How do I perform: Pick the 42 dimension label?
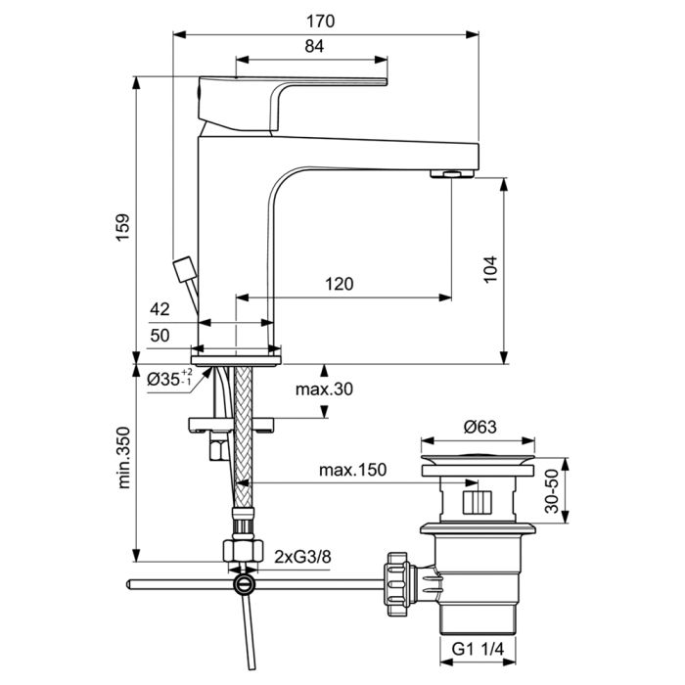pyautogui.click(x=160, y=309)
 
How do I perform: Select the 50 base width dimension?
pyautogui.click(x=160, y=336)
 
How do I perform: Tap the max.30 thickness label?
pyautogui.click(x=323, y=389)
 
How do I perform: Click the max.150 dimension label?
pyautogui.click(x=351, y=470)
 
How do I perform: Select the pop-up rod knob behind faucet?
pyautogui.click(x=183, y=267)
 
